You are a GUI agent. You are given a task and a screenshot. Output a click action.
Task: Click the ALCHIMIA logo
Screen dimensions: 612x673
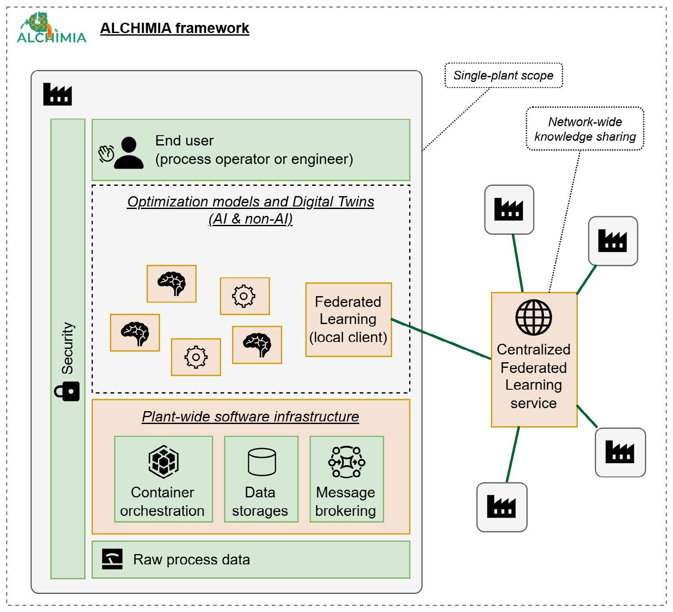(51, 28)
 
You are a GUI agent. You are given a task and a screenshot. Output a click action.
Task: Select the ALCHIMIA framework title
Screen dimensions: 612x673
(174, 28)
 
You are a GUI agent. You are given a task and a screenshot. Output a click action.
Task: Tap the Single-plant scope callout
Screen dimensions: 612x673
(503, 76)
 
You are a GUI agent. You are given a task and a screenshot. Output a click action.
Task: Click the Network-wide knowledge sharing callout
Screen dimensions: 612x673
(585, 129)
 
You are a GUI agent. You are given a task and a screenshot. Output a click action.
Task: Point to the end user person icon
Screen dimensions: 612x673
(129, 153)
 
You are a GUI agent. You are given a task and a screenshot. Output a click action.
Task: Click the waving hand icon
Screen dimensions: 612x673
(106, 154)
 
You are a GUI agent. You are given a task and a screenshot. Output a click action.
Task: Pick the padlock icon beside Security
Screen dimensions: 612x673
(67, 391)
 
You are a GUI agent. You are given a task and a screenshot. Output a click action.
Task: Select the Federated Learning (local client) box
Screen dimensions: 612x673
(348, 320)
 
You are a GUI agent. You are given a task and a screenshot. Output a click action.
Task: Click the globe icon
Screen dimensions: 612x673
(534, 318)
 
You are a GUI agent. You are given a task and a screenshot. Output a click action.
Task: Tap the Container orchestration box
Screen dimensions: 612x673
(163, 479)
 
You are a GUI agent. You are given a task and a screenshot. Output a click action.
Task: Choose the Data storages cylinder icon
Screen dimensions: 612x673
(261, 462)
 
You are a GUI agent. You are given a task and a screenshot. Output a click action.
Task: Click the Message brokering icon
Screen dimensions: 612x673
(346, 462)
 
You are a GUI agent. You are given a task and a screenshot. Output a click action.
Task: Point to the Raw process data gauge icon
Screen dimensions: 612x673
(112, 559)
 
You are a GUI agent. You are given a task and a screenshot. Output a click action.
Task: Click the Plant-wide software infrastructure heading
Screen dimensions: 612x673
(250, 417)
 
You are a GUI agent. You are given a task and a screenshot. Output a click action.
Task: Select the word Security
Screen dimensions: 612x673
(68, 348)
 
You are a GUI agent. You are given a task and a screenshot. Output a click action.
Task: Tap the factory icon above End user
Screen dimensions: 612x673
(58, 94)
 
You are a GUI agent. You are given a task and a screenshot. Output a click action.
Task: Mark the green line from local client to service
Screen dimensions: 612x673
(441, 339)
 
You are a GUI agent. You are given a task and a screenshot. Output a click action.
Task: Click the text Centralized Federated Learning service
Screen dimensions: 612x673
(534, 376)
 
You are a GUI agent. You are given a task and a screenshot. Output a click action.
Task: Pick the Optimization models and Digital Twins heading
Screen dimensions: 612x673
(251, 210)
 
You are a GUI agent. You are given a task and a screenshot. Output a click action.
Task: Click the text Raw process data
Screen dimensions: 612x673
(191, 560)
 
